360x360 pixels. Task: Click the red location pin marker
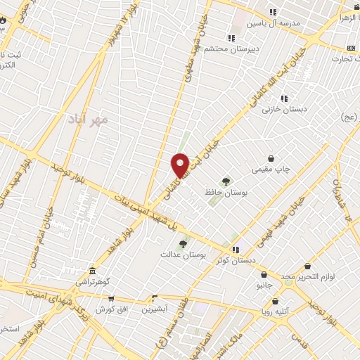tap(181, 165)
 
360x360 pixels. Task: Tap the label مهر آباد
tap(88, 120)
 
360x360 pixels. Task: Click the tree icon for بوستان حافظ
tap(226, 181)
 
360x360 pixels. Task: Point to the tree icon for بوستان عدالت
tap(184, 244)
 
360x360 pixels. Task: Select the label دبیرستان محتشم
tap(231, 49)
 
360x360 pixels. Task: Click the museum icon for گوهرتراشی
tap(92, 271)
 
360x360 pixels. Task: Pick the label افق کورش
tap(110, 309)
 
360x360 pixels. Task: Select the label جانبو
tap(264, 285)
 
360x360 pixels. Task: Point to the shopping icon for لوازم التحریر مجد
tap(308, 266)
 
